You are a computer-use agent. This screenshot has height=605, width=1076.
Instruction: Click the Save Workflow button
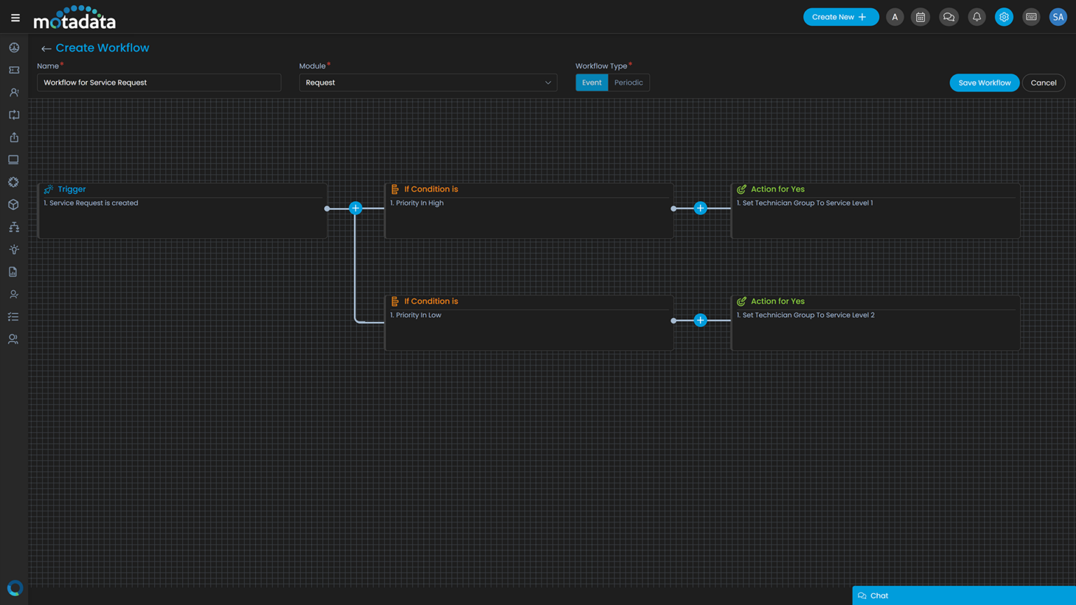(984, 83)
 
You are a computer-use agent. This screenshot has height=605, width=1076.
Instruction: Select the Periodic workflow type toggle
(628, 83)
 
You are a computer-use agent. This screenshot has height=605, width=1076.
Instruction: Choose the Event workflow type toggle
(591, 83)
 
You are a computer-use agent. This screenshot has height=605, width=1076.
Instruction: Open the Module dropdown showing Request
(427, 83)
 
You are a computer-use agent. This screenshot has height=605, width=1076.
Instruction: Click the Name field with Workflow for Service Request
(159, 83)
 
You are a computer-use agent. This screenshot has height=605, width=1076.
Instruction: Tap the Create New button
(840, 17)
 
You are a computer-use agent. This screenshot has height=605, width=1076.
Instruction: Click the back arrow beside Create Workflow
(46, 48)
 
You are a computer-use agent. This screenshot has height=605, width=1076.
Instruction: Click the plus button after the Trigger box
(355, 208)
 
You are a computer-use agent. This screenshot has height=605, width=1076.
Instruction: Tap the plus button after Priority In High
(700, 208)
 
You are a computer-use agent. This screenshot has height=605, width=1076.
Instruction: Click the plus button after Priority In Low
(700, 320)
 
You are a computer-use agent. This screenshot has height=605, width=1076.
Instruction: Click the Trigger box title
(71, 189)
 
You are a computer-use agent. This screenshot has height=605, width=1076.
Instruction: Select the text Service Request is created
(93, 203)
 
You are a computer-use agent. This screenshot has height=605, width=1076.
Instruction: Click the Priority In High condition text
(419, 203)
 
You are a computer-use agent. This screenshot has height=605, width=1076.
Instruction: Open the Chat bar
(963, 595)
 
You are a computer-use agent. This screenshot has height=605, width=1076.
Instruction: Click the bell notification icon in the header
(977, 17)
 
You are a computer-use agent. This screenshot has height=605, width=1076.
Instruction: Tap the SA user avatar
(1057, 17)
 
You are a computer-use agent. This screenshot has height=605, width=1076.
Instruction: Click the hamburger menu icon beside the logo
(15, 18)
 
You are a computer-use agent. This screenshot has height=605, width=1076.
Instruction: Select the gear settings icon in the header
(1003, 17)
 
